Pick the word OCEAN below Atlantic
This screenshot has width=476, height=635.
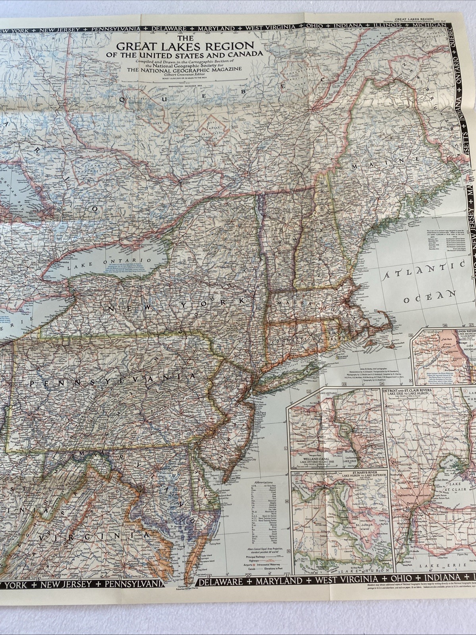(x=429, y=297)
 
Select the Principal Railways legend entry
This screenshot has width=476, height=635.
(x=256, y=557)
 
